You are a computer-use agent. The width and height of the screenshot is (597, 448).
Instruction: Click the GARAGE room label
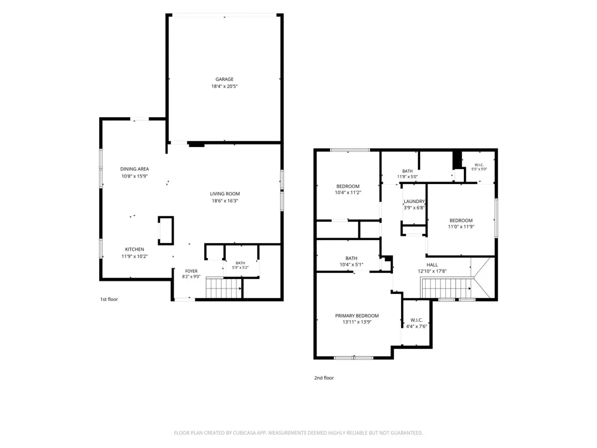[x=224, y=79]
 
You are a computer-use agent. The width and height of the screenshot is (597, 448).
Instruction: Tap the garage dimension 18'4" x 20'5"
[x=224, y=87]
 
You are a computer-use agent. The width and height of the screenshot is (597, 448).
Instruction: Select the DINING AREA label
[x=134, y=169]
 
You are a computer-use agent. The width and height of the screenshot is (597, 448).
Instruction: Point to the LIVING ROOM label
[x=224, y=194]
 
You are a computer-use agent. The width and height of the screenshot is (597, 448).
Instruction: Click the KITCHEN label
[x=134, y=249]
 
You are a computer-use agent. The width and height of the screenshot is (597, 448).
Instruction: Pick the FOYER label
[x=191, y=271]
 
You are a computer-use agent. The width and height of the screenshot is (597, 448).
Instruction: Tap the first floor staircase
[x=223, y=289]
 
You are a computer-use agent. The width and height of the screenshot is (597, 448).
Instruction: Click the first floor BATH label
[x=240, y=263]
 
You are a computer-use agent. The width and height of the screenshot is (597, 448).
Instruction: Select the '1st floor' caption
[x=109, y=299]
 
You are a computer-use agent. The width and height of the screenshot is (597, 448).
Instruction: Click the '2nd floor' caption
[x=324, y=378]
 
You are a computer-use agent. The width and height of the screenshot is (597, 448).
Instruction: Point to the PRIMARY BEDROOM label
[x=357, y=316]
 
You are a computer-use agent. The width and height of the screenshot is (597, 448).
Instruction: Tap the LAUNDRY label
[x=414, y=201]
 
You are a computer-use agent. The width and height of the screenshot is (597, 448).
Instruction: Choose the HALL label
[x=432, y=265]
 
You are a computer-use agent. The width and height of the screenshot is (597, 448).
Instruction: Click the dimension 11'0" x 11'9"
[x=461, y=226]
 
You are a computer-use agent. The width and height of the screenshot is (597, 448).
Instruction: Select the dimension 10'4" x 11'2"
[x=347, y=193]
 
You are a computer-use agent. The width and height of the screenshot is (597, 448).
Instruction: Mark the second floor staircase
[x=446, y=288]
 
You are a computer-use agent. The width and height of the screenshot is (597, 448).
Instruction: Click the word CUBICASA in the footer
[x=245, y=432]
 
